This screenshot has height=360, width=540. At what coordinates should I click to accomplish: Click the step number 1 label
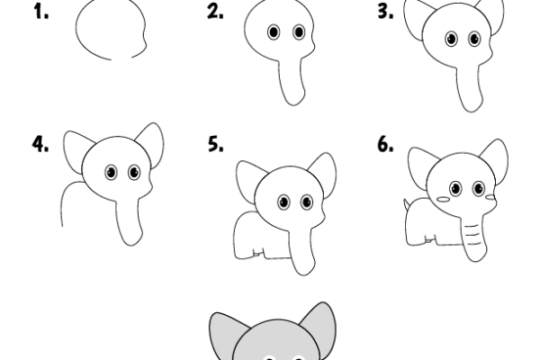coord(42,13)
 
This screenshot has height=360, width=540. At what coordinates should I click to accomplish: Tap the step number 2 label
coord(214,13)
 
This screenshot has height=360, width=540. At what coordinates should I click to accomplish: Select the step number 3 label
coord(385,13)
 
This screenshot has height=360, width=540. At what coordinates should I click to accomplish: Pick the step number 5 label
coord(214,144)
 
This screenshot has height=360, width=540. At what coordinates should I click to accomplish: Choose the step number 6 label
coord(385,144)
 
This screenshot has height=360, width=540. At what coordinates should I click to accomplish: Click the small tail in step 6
coord(406,204)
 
